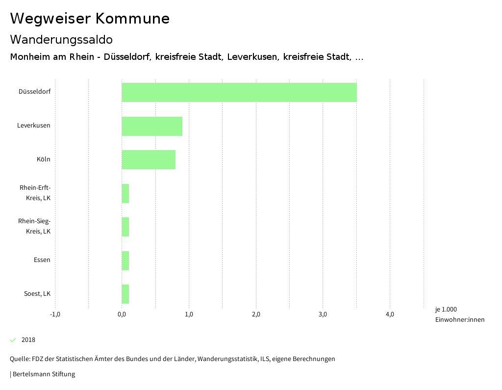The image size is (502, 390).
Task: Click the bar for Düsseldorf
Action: tap(239, 92)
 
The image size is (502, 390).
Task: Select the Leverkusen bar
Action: tap(152, 126)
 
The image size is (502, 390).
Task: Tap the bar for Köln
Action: tap(149, 159)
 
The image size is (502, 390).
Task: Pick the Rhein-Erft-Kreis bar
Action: tap(125, 193)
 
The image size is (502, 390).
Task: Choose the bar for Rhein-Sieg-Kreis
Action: tap(125, 227)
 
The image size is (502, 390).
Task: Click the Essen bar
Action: tap(125, 260)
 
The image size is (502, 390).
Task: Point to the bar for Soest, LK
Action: tap(125, 294)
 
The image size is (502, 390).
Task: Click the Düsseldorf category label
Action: tap(34, 92)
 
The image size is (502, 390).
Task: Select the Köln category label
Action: tap(43, 159)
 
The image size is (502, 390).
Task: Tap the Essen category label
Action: tap(42, 260)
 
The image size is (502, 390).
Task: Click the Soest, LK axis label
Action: tap(37, 294)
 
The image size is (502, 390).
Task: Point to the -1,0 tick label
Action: tap(55, 314)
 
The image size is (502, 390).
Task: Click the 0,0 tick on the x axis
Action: tap(122, 314)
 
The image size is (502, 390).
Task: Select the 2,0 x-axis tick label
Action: tap(256, 314)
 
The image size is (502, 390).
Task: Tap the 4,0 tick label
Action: tap(390, 314)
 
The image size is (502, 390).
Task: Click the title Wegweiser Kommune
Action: tap(90, 19)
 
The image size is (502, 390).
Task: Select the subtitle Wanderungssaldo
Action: tap(61, 39)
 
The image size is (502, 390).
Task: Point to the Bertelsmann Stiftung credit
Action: tap(43, 374)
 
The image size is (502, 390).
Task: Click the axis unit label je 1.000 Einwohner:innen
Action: tap(459, 314)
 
